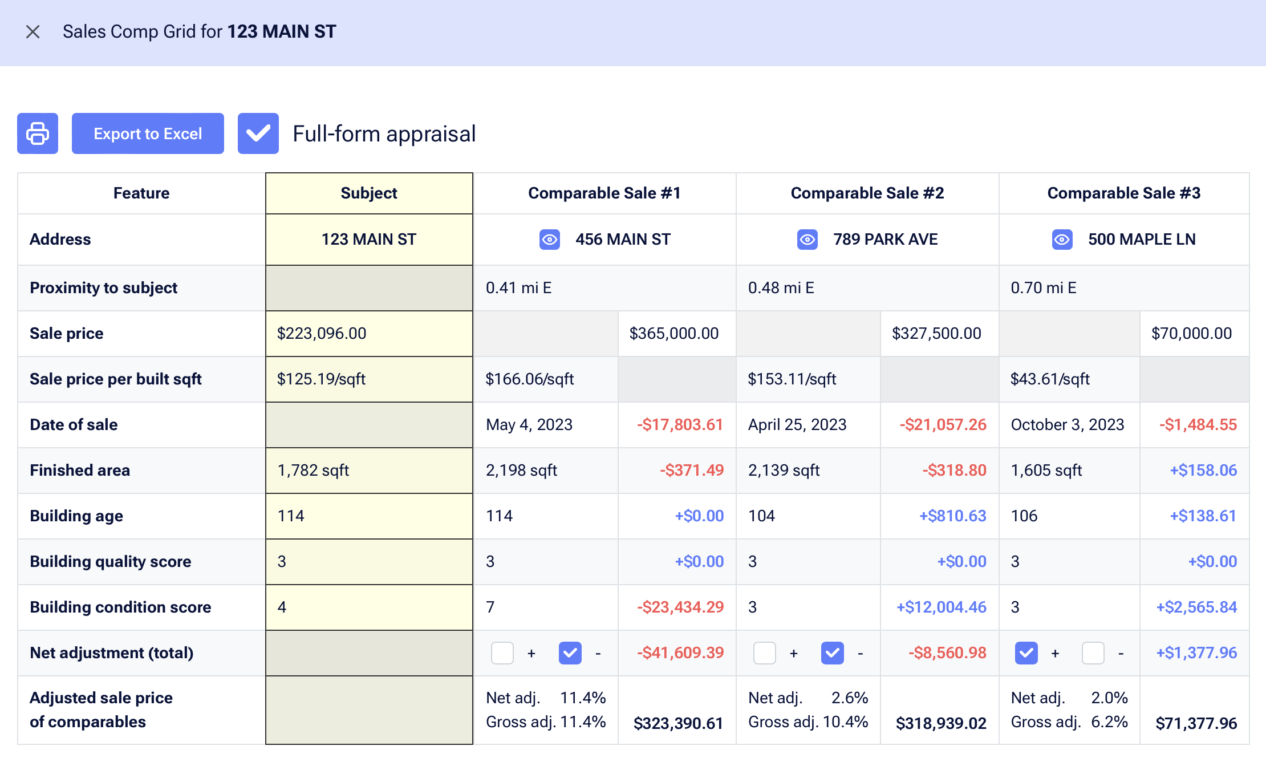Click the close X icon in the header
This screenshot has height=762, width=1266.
click(33, 32)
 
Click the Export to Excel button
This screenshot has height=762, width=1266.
click(148, 133)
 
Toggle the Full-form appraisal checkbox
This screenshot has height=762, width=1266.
click(258, 133)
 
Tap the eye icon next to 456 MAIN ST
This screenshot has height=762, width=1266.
click(550, 240)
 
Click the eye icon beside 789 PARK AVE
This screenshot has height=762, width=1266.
click(808, 240)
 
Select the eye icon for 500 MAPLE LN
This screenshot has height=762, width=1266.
click(1062, 240)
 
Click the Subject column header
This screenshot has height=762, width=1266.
click(369, 193)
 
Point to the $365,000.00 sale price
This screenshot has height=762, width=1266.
click(673, 334)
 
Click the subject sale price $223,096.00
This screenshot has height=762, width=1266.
click(322, 334)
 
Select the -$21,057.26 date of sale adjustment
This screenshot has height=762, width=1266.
click(943, 425)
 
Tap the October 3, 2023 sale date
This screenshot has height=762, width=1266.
click(1067, 425)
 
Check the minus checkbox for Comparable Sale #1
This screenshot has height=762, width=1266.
click(570, 653)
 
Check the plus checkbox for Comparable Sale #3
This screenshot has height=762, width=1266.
click(1026, 653)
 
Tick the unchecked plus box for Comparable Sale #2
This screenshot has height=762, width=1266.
click(764, 653)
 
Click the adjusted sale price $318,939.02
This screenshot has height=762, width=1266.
click(941, 723)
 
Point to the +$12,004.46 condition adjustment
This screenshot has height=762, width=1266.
click(941, 607)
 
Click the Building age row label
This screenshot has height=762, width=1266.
click(76, 516)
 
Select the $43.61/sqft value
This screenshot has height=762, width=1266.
click(1050, 379)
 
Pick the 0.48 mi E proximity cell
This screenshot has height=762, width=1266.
click(781, 288)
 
